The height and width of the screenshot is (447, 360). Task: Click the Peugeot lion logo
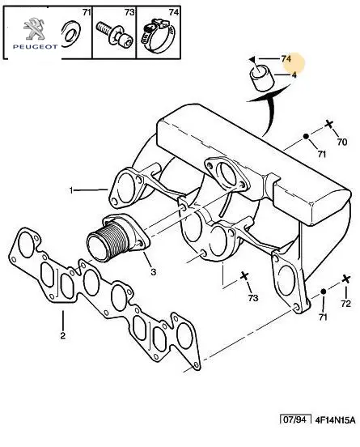click(x=35, y=29)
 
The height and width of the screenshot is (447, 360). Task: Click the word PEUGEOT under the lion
click(x=35, y=47)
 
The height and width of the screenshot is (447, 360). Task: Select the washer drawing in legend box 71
click(x=71, y=34)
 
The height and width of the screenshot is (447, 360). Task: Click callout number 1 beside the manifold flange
click(x=71, y=190)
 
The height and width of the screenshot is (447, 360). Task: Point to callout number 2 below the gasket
click(x=62, y=335)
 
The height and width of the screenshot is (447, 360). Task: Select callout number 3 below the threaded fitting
click(x=153, y=272)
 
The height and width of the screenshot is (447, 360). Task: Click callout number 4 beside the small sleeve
click(x=294, y=75)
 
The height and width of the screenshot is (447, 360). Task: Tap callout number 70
click(x=342, y=142)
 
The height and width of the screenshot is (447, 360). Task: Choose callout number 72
click(x=345, y=304)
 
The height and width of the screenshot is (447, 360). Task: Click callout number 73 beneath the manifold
click(x=253, y=298)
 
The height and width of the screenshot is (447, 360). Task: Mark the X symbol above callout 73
click(x=244, y=276)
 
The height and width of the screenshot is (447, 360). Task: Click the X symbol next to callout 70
click(x=329, y=124)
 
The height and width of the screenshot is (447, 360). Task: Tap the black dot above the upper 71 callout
click(x=306, y=136)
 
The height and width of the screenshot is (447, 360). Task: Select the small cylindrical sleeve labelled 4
click(x=262, y=78)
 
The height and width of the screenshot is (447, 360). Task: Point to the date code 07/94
click(x=295, y=419)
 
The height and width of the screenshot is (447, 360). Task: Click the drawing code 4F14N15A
click(x=335, y=420)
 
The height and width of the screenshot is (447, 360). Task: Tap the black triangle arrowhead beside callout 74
click(x=252, y=59)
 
